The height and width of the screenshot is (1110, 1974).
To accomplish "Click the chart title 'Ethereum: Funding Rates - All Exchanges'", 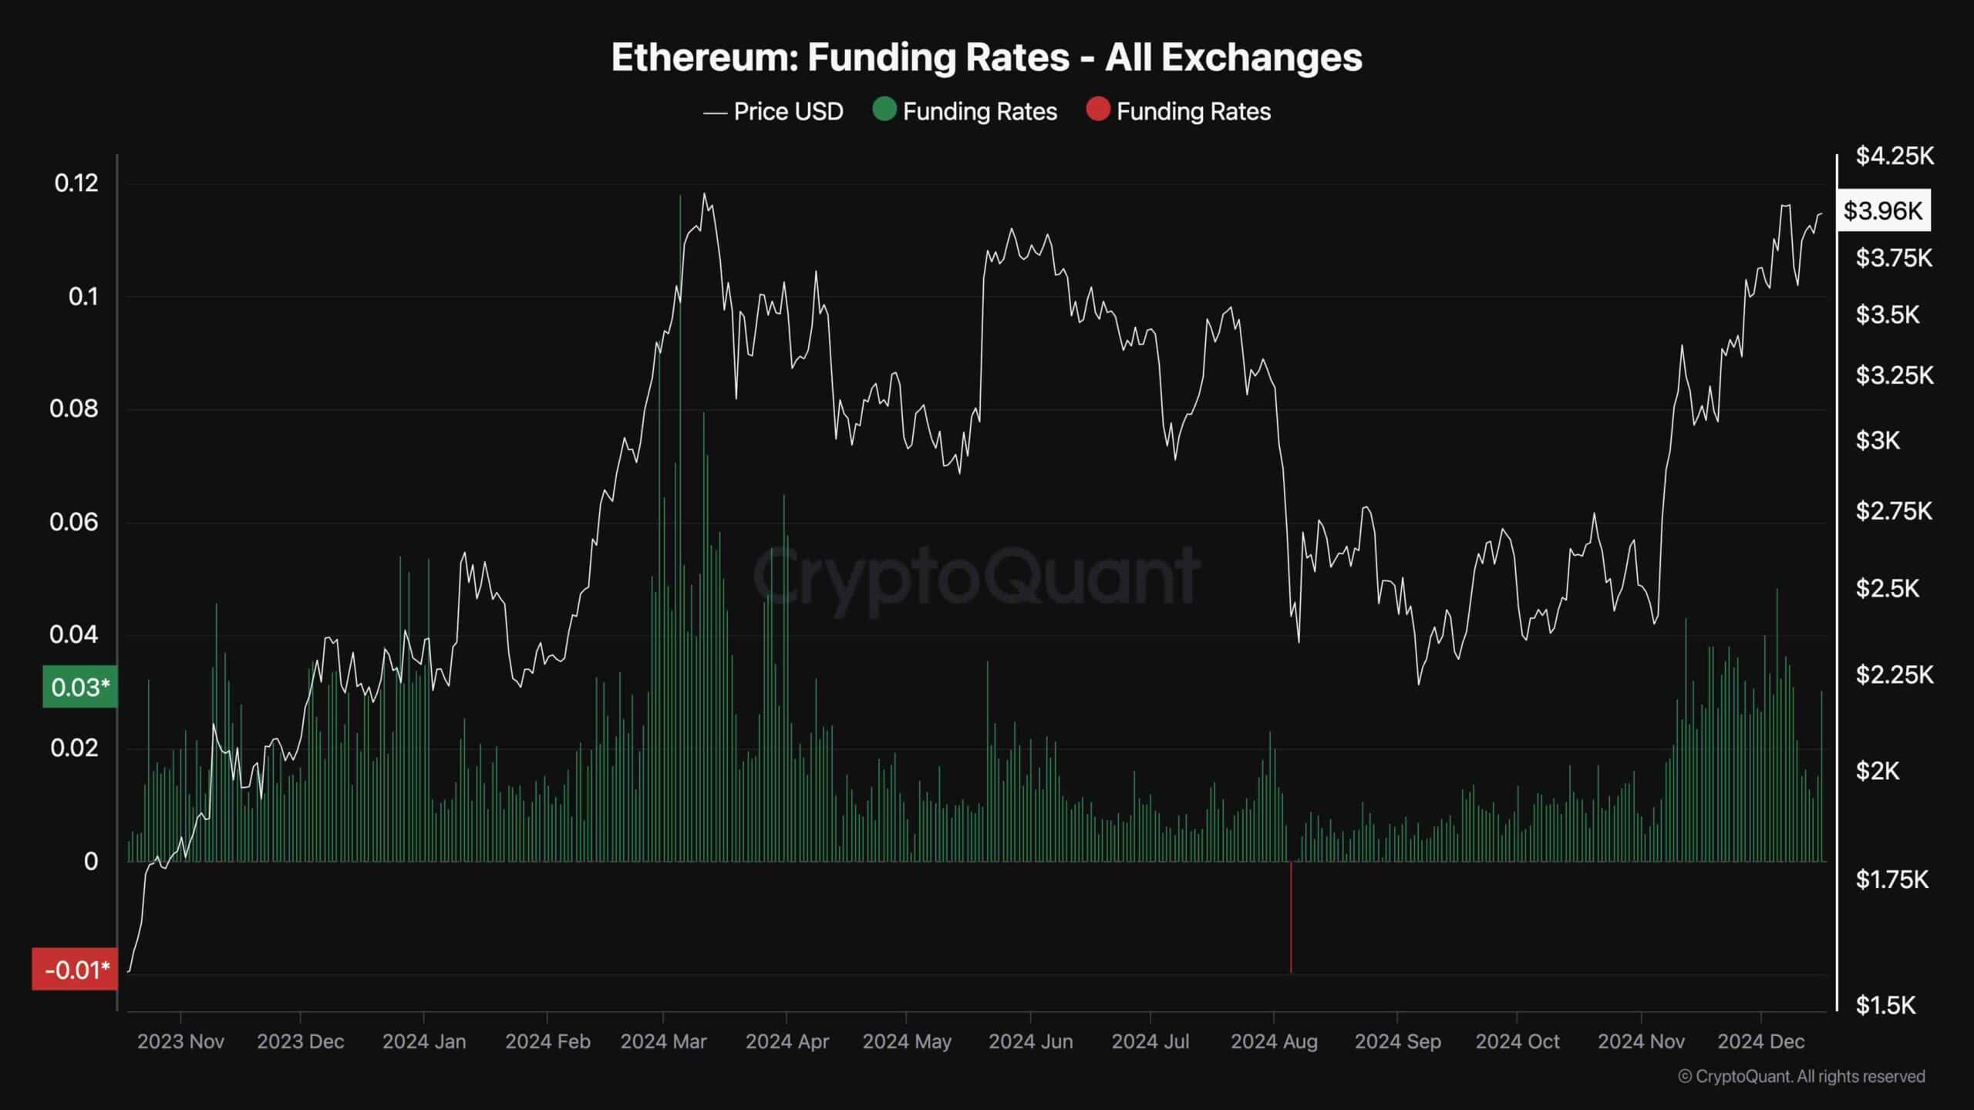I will click(986, 57).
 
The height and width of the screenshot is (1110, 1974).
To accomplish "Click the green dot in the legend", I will click(884, 110).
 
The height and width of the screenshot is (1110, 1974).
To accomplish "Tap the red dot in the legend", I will click(1097, 110).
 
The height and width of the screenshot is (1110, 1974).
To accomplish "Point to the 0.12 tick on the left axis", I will click(76, 183).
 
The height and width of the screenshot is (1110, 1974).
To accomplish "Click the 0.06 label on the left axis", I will click(74, 522).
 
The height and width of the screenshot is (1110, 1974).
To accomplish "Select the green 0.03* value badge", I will click(80, 687).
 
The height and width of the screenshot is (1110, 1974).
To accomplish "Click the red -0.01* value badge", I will click(76, 970).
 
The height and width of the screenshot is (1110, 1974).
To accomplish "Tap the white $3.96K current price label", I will click(1883, 210).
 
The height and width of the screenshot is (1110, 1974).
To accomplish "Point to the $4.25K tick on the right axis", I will click(1895, 156).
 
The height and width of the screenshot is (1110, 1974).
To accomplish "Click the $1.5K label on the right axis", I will click(1885, 1005).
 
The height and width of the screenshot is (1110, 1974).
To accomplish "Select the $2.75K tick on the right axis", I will click(1894, 511).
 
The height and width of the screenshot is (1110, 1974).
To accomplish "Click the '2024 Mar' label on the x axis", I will click(663, 1041).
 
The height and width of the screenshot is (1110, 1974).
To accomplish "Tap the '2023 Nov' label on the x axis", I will click(180, 1041).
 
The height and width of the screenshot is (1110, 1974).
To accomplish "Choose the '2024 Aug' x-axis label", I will click(1274, 1041).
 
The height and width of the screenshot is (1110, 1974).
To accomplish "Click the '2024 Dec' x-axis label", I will click(1760, 1041).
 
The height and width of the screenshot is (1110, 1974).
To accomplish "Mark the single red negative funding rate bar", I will click(1291, 917).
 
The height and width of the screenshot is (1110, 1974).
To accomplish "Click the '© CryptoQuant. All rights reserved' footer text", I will click(1801, 1077).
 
